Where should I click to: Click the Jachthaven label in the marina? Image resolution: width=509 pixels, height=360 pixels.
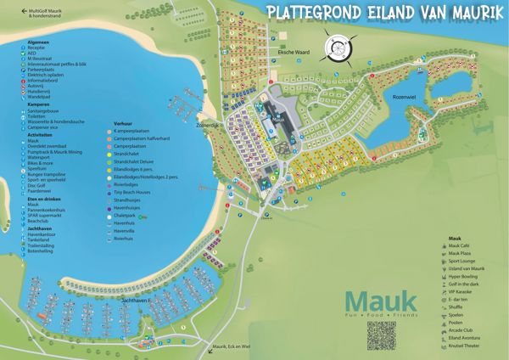(x=137, y=301)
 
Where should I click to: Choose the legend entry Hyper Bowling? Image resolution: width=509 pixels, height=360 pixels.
(x=464, y=278)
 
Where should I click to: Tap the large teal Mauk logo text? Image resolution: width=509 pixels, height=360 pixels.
(x=382, y=301)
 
